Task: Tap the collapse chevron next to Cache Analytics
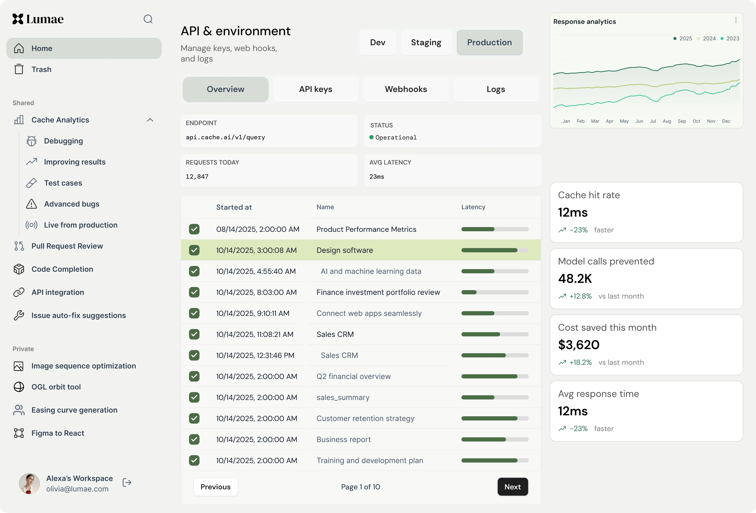(150, 120)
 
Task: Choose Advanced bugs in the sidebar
(72, 204)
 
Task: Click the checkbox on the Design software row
(194, 250)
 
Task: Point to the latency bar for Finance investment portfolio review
(495, 292)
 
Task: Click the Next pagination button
(513, 487)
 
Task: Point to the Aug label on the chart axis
(667, 121)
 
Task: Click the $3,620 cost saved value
(579, 345)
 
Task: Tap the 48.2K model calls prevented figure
(575, 278)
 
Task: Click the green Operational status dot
(371, 137)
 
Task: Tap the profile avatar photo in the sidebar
(29, 483)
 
